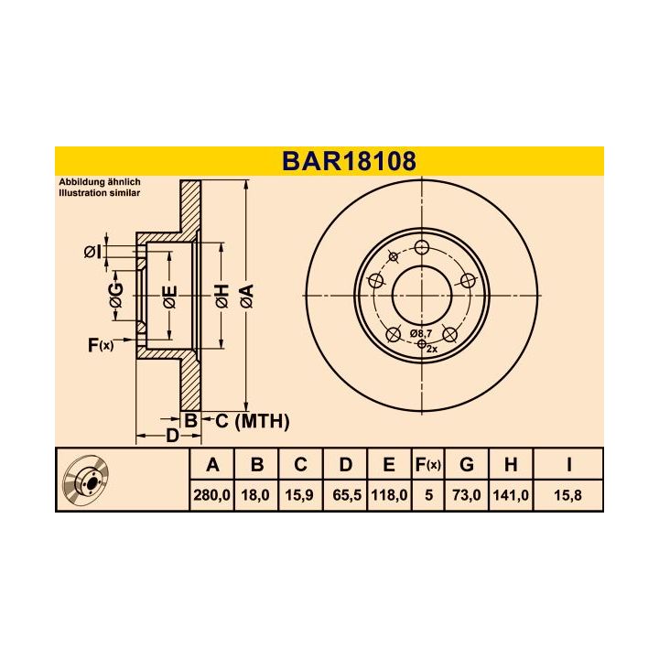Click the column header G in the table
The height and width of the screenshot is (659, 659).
coord(467,465)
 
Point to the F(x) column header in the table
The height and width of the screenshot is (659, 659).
coord(427,465)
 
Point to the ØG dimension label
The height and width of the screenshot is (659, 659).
coord(115,295)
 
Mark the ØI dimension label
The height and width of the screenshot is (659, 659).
coord(92,252)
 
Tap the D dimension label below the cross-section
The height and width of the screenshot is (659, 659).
coord(171,436)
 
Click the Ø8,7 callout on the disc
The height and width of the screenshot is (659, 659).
coord(421,334)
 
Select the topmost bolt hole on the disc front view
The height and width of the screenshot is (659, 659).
coord(422,247)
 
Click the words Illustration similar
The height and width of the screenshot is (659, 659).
coord(99,194)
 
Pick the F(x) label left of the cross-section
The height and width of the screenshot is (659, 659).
coord(100,345)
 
